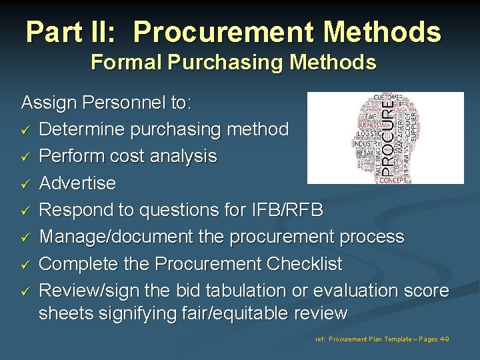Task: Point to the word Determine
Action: click(85, 129)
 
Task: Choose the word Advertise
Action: click(77, 183)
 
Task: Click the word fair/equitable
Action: click(221, 313)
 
